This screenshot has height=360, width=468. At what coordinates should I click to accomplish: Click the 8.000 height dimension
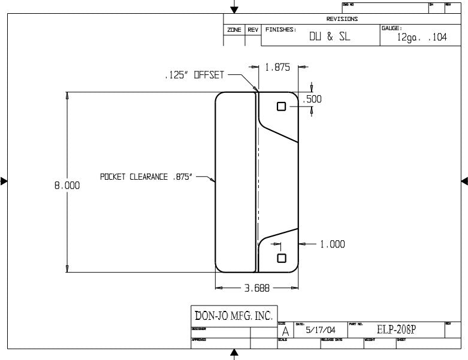[x=68, y=186]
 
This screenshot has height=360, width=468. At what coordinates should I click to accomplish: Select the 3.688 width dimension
[x=257, y=288]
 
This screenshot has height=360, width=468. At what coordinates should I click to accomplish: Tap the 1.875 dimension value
[x=277, y=68]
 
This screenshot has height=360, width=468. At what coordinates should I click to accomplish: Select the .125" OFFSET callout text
[x=194, y=76]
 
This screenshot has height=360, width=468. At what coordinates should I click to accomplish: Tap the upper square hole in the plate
[x=282, y=106]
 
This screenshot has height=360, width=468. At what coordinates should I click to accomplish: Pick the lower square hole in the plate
[x=282, y=258]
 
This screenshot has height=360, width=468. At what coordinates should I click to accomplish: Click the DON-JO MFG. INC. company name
[x=234, y=315]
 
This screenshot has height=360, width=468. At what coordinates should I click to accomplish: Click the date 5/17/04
[x=321, y=330]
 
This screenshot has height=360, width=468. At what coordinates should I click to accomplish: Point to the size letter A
[x=285, y=331]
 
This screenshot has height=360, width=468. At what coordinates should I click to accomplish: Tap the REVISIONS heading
[x=342, y=19]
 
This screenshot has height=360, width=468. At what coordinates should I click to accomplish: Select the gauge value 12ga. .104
[x=422, y=37]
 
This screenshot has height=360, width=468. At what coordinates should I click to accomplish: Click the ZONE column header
[x=234, y=30]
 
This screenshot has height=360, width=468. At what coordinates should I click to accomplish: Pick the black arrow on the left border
[x=4, y=181]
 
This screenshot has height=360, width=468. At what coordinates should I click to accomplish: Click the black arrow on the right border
[x=464, y=181]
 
